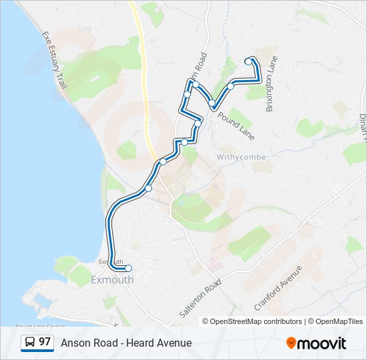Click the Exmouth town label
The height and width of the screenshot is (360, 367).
113,280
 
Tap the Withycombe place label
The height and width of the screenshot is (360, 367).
241,157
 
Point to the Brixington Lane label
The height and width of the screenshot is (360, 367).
271,83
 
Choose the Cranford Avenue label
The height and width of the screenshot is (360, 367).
278,287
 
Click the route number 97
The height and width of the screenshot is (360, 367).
45,342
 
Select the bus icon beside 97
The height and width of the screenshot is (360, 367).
30,343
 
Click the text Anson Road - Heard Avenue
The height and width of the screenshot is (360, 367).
126,343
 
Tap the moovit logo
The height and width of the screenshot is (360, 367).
316,343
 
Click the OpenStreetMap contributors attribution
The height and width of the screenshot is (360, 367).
252,321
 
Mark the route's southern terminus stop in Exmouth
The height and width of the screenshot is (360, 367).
128,269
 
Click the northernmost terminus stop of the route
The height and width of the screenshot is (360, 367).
248,61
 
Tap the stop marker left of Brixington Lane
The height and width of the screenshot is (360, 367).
231,86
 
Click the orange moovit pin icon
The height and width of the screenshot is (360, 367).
292,343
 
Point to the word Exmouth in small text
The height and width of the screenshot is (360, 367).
111,261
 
